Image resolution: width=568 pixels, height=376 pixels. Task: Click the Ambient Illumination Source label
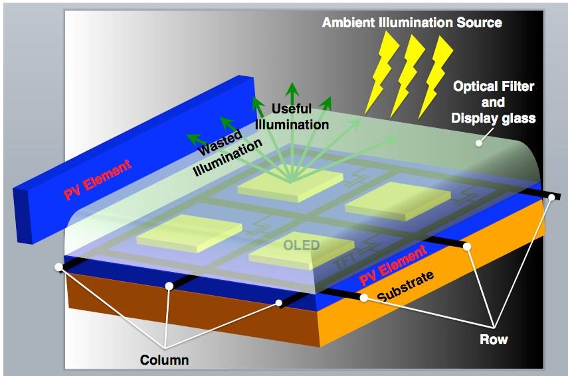tap(412, 23)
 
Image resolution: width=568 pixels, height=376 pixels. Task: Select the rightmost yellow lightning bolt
tap(435, 77)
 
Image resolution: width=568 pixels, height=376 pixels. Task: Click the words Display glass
tap(494, 119)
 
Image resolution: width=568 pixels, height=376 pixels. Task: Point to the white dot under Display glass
tap(479, 143)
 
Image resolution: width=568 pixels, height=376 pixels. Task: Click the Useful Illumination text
tap(292, 117)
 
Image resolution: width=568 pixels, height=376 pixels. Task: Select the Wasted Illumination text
tap(227, 153)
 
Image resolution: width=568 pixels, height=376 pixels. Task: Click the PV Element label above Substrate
tap(393, 265)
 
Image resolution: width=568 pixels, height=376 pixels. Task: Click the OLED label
tap(302, 245)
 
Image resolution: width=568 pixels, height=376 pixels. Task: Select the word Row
tap(494, 340)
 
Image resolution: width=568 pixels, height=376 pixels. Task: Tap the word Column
tap(165, 360)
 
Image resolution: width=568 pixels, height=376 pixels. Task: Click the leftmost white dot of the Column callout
tap(58, 267)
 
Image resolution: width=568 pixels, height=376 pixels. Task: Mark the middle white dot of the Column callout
tap(169, 286)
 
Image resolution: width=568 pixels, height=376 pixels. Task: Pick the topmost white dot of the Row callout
tap(552, 197)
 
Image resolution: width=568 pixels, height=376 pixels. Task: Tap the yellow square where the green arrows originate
tap(290, 185)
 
